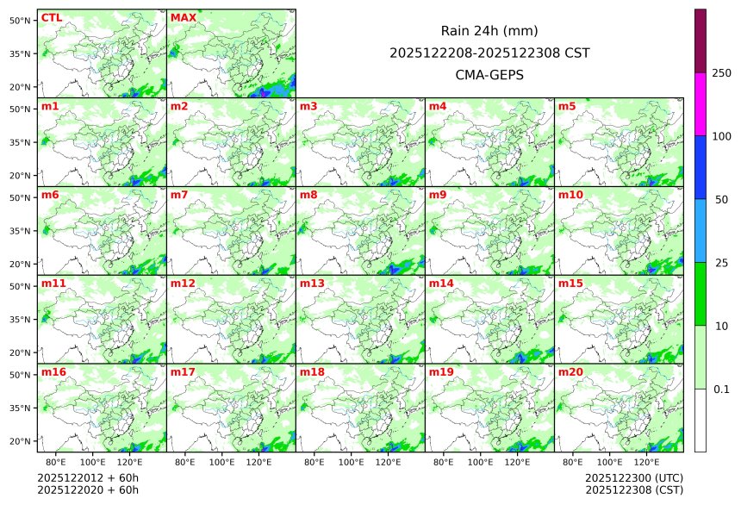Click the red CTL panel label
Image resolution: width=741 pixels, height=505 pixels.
[52, 17]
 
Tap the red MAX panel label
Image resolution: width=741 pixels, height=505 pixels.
[183, 17]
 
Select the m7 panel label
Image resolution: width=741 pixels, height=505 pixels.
[179, 195]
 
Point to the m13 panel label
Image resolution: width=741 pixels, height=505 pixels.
[311, 283]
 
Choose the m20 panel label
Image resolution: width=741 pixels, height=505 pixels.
[571, 371]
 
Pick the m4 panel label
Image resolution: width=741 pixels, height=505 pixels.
[438, 106]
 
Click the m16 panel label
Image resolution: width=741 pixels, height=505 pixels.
[53, 371]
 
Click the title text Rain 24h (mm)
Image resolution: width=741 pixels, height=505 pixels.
[489, 31]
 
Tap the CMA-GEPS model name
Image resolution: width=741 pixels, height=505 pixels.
[489, 74]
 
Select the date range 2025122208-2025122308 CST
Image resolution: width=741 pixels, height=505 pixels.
[489, 53]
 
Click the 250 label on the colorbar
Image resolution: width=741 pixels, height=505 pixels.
[722, 72]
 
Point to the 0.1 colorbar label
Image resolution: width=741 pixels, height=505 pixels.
[721, 389]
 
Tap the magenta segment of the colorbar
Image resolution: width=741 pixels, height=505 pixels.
[701, 103]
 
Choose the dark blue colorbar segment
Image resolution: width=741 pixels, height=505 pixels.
[701, 166]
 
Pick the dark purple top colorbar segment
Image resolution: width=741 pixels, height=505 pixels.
[701, 41]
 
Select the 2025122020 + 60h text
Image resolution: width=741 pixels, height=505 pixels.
[88, 489]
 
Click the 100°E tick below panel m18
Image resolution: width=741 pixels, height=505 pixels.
[351, 463]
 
